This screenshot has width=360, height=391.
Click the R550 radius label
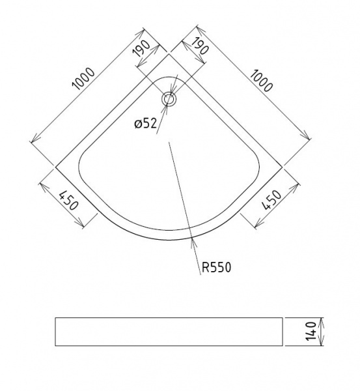216,267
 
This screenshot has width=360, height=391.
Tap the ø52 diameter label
146,123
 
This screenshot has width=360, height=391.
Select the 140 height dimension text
311,331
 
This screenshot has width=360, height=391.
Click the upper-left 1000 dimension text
83,79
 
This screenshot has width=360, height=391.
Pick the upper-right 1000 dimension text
261,81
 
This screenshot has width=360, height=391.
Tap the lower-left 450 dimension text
69,200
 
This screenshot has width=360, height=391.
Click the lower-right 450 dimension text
272,200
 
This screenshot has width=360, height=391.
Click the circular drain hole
169,99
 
